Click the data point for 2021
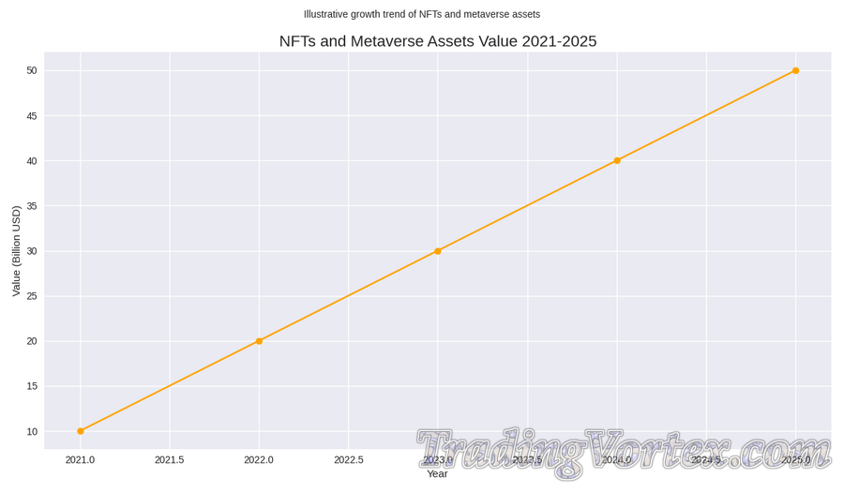[81, 431]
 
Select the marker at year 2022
[259, 341]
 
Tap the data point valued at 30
[438, 251]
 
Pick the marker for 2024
[617, 160]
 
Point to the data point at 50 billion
[795, 70]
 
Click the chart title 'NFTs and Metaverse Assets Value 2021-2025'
[437, 41]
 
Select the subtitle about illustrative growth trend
[422, 14]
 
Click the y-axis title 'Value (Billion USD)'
[16, 251]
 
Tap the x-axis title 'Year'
[437, 474]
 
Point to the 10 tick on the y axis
[31, 431]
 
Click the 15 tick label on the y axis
[31, 386]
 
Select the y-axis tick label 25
[31, 296]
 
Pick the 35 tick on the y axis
[31, 206]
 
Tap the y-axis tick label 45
[31, 116]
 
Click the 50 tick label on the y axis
[31, 70]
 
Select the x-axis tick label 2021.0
[81, 460]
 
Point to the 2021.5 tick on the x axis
[170, 460]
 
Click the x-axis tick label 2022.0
[259, 460]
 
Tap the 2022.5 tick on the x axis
[349, 460]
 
